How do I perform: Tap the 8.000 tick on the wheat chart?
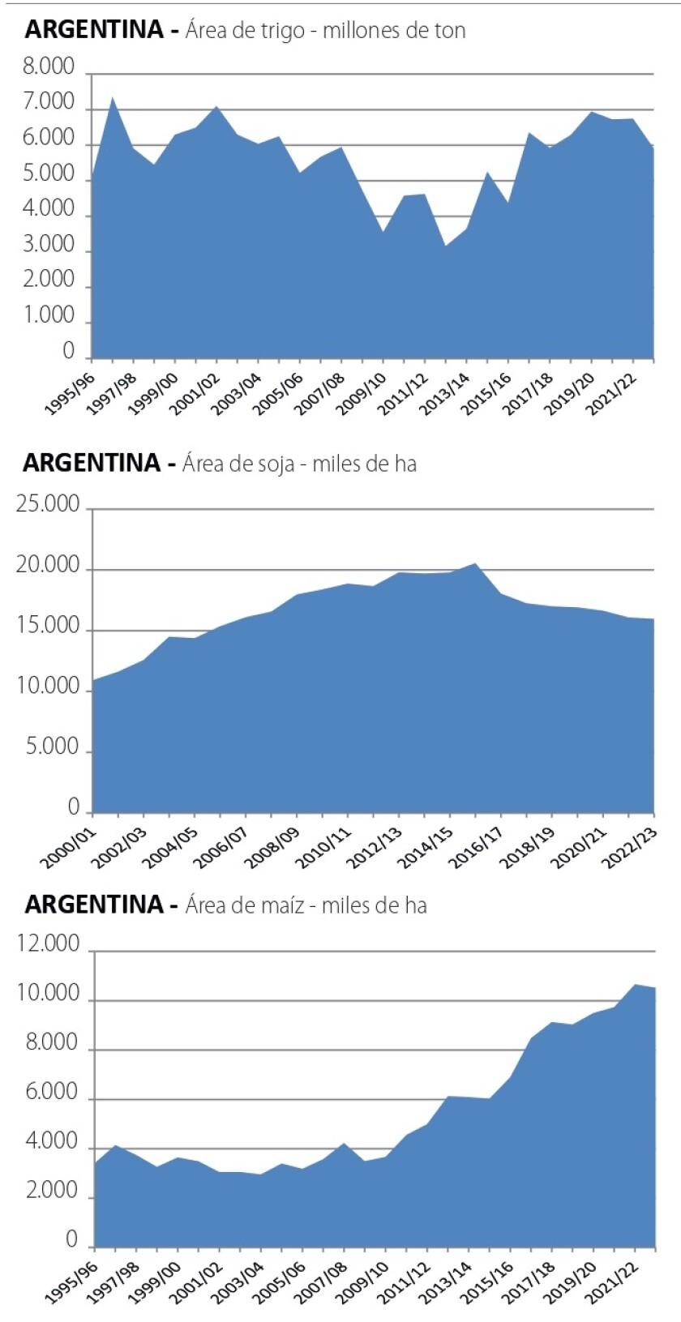point(48,66)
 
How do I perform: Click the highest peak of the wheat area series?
point(113,98)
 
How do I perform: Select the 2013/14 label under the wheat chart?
point(446,393)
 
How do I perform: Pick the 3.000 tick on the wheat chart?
point(48,244)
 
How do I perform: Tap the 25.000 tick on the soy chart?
point(48,504)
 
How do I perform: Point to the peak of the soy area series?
point(475,563)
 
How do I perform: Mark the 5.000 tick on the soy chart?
point(53,747)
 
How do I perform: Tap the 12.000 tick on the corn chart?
point(48,944)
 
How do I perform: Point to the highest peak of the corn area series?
point(634,985)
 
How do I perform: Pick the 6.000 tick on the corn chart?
point(53,1093)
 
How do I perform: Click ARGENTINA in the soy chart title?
point(92,463)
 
